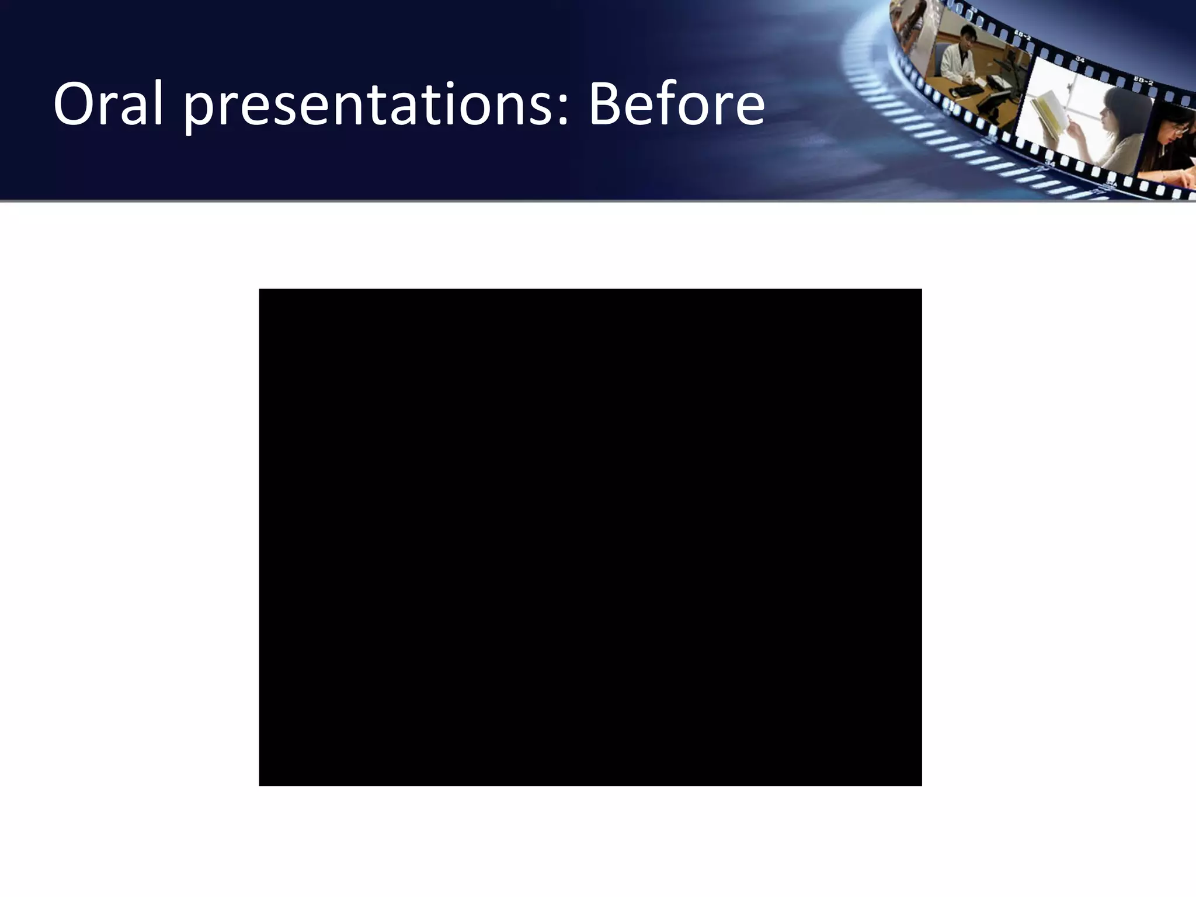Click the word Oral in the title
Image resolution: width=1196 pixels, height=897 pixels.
tap(107, 104)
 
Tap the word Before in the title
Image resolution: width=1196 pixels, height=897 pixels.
tap(676, 104)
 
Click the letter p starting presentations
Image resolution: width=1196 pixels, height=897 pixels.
tap(198, 111)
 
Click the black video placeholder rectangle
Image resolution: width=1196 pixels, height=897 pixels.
tap(590, 537)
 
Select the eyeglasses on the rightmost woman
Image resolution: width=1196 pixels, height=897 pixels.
tap(1180, 130)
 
